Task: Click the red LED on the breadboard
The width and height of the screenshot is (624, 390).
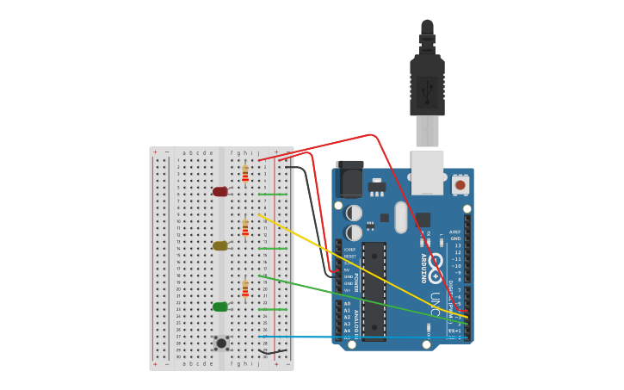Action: pyautogui.click(x=220, y=191)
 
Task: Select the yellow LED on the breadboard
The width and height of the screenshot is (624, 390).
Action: pyautogui.click(x=220, y=245)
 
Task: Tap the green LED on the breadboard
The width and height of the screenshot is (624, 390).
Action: pyautogui.click(x=220, y=306)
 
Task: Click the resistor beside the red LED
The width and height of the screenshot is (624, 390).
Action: pyautogui.click(x=245, y=174)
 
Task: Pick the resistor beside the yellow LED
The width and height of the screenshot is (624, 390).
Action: pyautogui.click(x=245, y=228)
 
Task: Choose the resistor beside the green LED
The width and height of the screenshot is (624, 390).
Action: pyautogui.click(x=245, y=288)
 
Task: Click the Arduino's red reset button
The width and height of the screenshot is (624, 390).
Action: pyautogui.click(x=460, y=184)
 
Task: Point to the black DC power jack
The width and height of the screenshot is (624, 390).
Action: pyautogui.click(x=349, y=178)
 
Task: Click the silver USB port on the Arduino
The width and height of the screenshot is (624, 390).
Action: pyautogui.click(x=428, y=171)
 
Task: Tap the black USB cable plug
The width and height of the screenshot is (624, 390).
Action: pyautogui.click(x=427, y=82)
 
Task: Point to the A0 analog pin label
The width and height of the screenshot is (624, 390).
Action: pyautogui.click(x=348, y=304)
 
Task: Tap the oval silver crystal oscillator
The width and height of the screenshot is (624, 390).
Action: pyautogui.click(x=401, y=217)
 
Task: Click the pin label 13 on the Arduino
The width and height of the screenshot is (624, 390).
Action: pyautogui.click(x=458, y=245)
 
